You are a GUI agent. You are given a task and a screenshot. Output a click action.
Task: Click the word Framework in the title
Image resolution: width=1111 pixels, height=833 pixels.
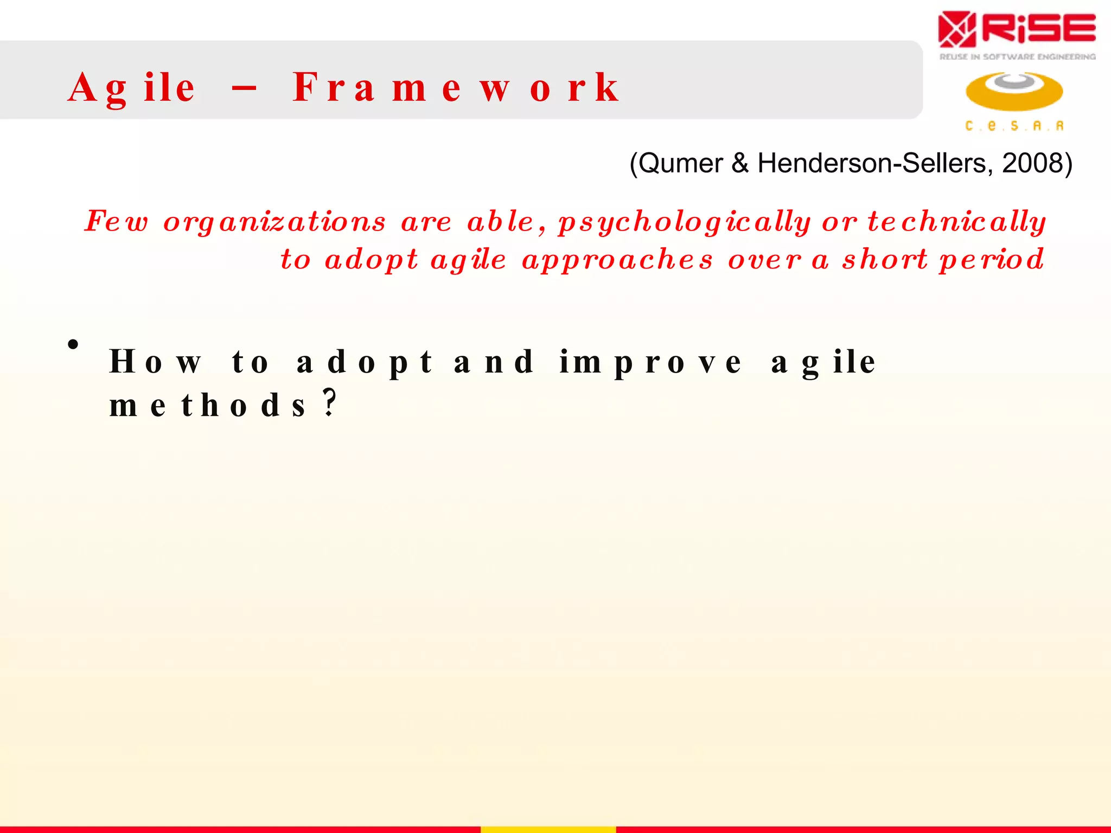(456, 88)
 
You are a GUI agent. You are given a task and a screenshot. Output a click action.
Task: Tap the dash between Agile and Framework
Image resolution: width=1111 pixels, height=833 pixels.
(244, 88)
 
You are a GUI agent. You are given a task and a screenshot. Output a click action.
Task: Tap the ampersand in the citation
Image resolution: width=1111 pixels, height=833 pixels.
(739, 163)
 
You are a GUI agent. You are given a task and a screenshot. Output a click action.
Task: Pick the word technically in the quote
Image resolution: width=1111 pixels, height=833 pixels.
(957, 221)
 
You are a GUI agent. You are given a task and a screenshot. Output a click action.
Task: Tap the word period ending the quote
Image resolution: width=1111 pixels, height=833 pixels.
(992, 259)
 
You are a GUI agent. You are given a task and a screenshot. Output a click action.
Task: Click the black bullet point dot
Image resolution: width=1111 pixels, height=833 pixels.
(73, 344)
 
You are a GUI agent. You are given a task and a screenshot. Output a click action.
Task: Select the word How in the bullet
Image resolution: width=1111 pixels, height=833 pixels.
(155, 362)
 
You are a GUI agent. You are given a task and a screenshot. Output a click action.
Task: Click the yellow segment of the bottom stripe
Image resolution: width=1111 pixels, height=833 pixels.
(548, 829)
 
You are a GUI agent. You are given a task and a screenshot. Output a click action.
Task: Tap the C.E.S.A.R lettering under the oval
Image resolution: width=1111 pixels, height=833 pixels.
(1014, 126)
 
